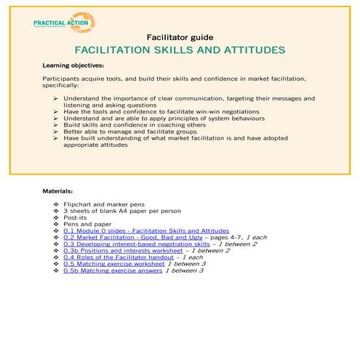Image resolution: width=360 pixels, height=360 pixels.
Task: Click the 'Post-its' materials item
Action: click(75, 217)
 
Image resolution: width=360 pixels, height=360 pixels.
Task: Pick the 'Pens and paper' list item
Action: click(86, 223)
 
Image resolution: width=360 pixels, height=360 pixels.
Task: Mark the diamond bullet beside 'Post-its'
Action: click(56, 217)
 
